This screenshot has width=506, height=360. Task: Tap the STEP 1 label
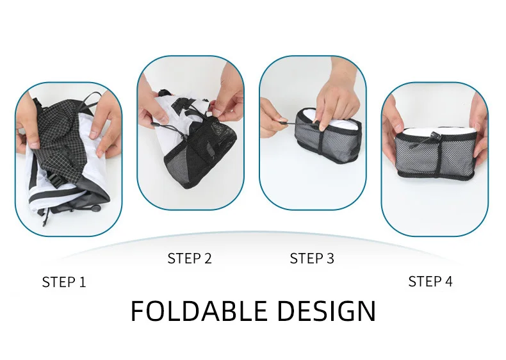click(64, 282)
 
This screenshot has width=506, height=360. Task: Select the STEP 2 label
click(190, 258)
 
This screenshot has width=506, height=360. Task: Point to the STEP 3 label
click(312, 258)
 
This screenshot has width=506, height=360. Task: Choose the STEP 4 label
click(430, 282)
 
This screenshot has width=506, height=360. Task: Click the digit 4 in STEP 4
click(448, 282)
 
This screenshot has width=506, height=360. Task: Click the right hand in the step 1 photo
click(105, 129)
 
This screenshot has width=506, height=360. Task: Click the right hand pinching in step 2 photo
click(226, 97)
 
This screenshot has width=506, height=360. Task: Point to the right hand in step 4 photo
click(479, 129)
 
